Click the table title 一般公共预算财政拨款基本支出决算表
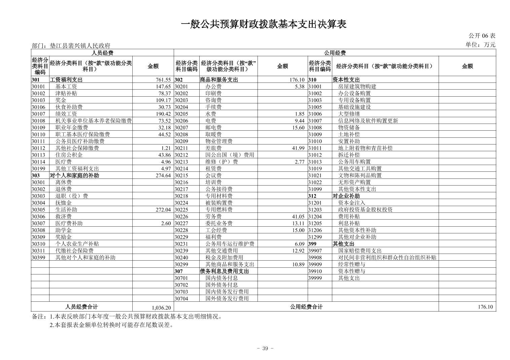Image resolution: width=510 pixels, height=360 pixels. point(264,24)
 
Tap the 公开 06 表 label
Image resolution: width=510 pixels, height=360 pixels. point(482,36)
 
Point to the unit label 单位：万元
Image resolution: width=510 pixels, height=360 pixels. point(480,44)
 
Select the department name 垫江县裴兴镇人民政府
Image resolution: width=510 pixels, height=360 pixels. point(80,45)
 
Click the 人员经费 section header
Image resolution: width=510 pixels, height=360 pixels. point(102,53)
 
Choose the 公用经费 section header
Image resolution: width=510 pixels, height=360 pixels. point(335,53)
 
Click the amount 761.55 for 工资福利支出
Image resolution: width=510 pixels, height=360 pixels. point(163,80)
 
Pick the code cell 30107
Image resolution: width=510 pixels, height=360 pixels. point(38,114)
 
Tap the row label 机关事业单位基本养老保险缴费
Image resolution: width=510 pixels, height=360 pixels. point(94,121)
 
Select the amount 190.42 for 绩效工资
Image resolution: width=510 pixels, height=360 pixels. point(163,114)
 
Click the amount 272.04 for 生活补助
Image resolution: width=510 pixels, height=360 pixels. point(163,209)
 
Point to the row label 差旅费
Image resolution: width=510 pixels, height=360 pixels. point(213,148)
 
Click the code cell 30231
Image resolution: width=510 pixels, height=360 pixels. point(181,244)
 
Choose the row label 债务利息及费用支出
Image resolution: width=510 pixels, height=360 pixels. point(224,271)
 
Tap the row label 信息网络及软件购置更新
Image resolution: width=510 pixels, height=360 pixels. point(368,121)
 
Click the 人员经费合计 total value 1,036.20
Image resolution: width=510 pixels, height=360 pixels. point(161,307)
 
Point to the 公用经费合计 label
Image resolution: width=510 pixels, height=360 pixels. point(306,307)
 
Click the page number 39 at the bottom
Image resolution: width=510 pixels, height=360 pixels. point(265,349)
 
